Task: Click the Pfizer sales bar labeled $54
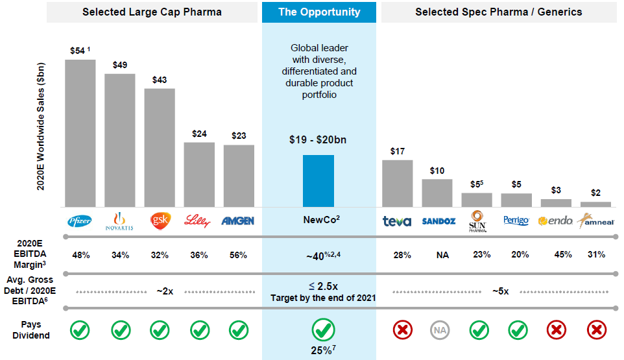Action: pyautogui.click(x=80, y=133)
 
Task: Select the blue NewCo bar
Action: pyautogui.click(x=318, y=181)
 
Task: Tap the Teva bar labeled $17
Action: pyautogui.click(x=397, y=184)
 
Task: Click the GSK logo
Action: pyautogui.click(x=160, y=221)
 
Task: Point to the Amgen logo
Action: pyautogui.click(x=237, y=221)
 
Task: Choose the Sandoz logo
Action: pyautogui.click(x=438, y=221)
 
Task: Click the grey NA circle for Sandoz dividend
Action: pyautogui.click(x=440, y=330)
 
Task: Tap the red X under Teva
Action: pyautogui.click(x=403, y=330)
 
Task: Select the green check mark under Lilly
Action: pyautogui.click(x=200, y=330)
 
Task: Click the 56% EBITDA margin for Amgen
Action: pyautogui.click(x=238, y=255)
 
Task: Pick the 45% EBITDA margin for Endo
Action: pyautogui.click(x=563, y=254)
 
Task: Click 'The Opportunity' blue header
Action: pyautogui.click(x=318, y=12)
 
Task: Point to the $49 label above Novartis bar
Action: pyautogui.click(x=120, y=65)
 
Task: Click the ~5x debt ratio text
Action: pyautogui.click(x=500, y=292)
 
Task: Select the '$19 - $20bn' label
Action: pyautogui.click(x=318, y=139)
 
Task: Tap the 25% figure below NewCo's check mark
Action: pyautogui.click(x=323, y=350)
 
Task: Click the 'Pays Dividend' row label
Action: pyautogui.click(x=31, y=330)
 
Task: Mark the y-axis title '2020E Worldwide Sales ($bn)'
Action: pyautogui.click(x=41, y=126)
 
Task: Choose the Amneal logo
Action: pyautogui.click(x=595, y=221)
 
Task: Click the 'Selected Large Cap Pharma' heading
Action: pyautogui.click(x=152, y=12)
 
